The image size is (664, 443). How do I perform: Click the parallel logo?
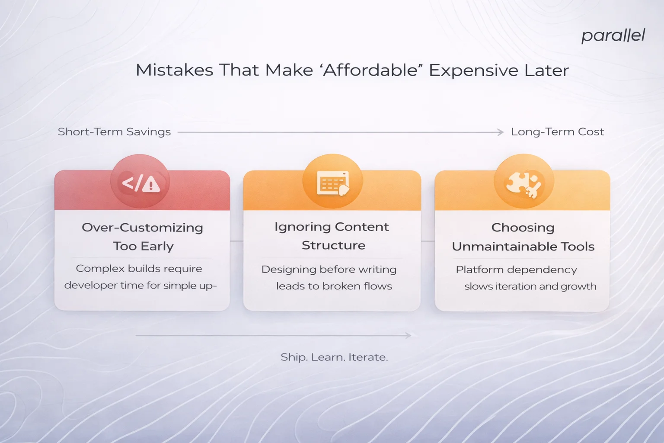click(613, 36)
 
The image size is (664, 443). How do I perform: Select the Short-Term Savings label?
click(114, 132)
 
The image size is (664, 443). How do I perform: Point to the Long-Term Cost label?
click(557, 132)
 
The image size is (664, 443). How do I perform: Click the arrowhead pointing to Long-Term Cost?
click(501, 132)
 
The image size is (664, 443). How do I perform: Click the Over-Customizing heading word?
click(142, 228)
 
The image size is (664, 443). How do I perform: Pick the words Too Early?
click(143, 246)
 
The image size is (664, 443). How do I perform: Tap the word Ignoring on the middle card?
click(302, 227)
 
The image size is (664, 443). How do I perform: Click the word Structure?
click(333, 245)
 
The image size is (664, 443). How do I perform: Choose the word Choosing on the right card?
click(523, 228)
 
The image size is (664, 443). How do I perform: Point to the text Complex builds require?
click(139, 269)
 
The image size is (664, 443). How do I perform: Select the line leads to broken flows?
click(334, 286)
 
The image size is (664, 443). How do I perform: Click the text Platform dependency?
click(516, 270)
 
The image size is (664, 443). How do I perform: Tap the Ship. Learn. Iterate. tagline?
click(334, 357)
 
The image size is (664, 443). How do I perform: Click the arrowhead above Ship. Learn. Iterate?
click(408, 335)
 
